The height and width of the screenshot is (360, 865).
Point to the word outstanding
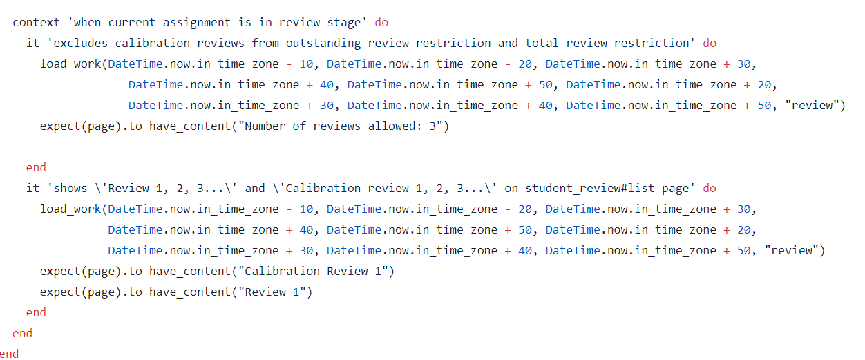click(x=320, y=43)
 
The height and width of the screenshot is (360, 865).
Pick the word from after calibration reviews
click(x=265, y=43)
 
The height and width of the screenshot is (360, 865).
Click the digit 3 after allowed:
click(x=432, y=126)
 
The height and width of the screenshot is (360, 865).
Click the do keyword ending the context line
click(x=381, y=22)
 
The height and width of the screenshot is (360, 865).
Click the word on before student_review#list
click(x=511, y=188)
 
